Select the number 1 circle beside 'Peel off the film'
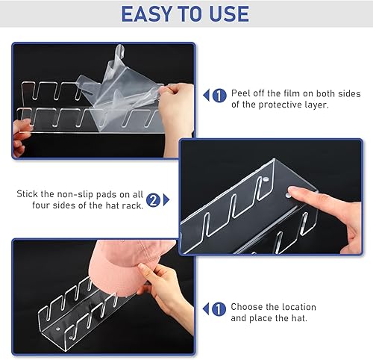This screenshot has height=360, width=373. click(219, 96)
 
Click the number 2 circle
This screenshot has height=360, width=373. click(153, 200)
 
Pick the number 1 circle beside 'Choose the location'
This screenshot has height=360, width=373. click(219, 309)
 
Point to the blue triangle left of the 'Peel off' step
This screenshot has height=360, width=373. click(207, 95)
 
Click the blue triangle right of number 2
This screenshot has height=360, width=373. click(166, 200)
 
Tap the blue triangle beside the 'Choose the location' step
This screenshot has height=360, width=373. click(206, 308)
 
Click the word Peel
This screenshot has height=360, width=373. click(240, 93)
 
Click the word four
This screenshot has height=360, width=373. click(41, 205)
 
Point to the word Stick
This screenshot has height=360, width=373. click(27, 194)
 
